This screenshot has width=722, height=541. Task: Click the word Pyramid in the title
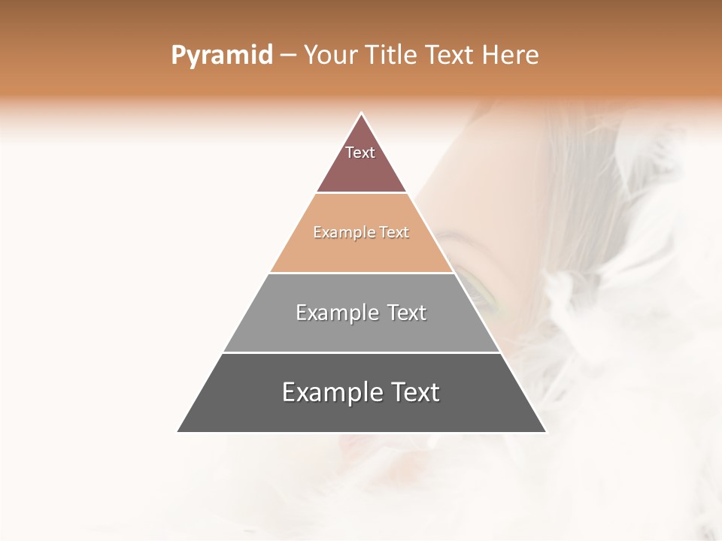click(x=221, y=56)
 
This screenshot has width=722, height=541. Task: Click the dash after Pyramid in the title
click(x=287, y=56)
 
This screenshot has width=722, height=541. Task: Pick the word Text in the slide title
click(x=454, y=55)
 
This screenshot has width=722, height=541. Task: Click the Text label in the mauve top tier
click(x=360, y=153)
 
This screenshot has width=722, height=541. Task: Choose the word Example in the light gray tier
click(x=336, y=313)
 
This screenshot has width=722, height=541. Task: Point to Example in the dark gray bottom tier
click(x=330, y=392)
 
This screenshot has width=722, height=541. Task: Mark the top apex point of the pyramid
click(x=362, y=113)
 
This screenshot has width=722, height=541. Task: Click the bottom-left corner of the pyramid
click(x=177, y=432)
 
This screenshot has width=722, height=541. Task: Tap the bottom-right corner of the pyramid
click(x=546, y=432)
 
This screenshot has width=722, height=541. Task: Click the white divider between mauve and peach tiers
click(x=361, y=193)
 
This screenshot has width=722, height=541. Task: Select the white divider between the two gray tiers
click(x=361, y=352)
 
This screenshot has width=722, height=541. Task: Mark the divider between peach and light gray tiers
click(x=361, y=273)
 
